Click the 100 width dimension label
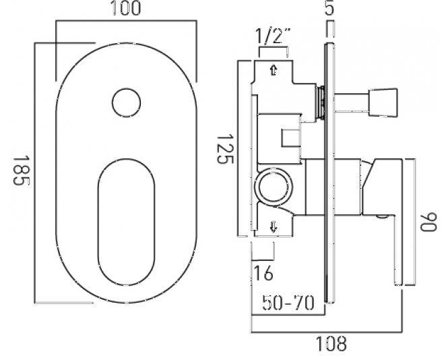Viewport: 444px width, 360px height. click(126, 8)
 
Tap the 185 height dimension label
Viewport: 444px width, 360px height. click(22, 170)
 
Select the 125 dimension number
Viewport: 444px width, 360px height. click(225, 149)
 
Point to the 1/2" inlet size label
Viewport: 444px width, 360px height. click(273, 36)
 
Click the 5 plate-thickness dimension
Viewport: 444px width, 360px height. click(329, 8)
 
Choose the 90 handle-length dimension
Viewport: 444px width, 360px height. click(429, 222)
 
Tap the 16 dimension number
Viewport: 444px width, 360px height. click(263, 273)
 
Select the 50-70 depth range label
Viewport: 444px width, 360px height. click(288, 303)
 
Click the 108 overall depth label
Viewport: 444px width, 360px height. click(331, 344)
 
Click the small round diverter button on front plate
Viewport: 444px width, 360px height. click(126, 102)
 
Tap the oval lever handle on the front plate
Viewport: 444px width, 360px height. click(126, 222)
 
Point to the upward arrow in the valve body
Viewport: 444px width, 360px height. click(274, 70)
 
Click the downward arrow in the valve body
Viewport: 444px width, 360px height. click(274, 227)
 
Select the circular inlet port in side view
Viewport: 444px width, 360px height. click(274, 187)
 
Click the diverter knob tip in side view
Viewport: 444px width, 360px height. click(383, 102)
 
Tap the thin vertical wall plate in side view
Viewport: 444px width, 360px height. click(329, 173)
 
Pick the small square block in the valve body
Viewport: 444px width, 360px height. click(291, 138)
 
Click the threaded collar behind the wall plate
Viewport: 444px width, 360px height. click(321, 102)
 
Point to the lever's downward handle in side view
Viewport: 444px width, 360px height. click(398, 249)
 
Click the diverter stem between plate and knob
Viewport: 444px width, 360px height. click(352, 102)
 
